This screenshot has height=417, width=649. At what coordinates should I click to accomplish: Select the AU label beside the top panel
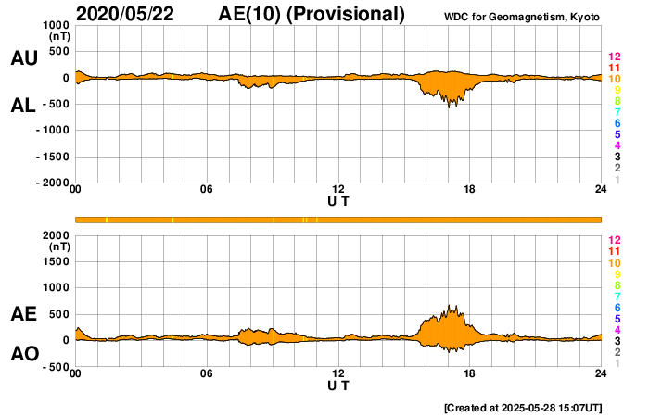click(x=24, y=58)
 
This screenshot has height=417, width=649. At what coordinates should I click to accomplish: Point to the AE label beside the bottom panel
click(x=24, y=313)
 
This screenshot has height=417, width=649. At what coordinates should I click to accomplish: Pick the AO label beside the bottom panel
click(x=24, y=354)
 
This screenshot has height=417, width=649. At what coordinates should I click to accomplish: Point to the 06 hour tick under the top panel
click(x=207, y=190)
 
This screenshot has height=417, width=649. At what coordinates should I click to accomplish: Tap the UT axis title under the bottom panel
click(x=338, y=385)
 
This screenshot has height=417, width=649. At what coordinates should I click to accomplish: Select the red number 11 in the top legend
click(x=614, y=68)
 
